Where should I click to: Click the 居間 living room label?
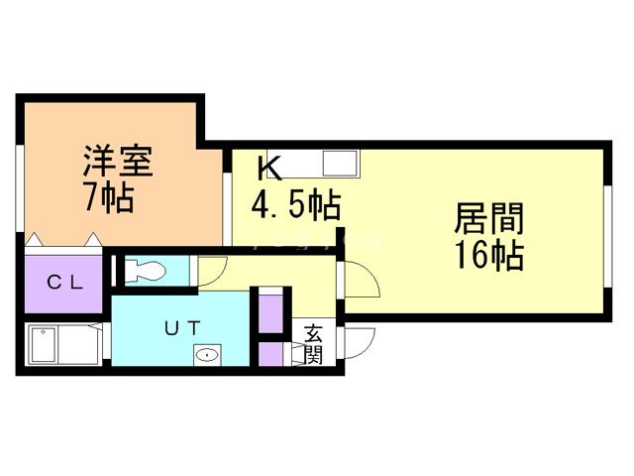point(488,218)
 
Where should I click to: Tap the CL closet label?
point(65,281)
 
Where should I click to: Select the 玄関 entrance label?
point(313,344)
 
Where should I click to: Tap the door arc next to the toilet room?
point(211,269)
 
